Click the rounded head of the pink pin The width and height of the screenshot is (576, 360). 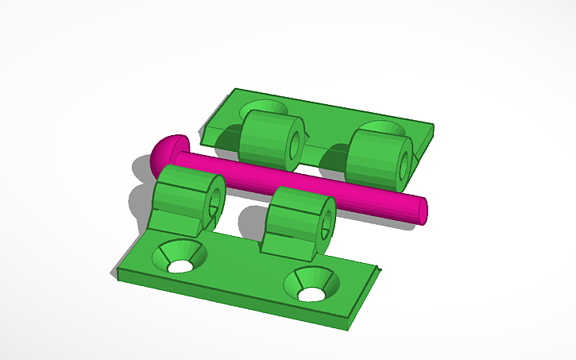(x=164, y=153)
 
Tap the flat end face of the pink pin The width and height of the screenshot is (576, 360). (x=421, y=209)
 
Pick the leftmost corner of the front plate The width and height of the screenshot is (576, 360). (x=117, y=274)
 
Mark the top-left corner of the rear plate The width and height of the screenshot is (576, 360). (x=233, y=91)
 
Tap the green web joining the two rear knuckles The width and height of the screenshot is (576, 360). (x=322, y=150)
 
